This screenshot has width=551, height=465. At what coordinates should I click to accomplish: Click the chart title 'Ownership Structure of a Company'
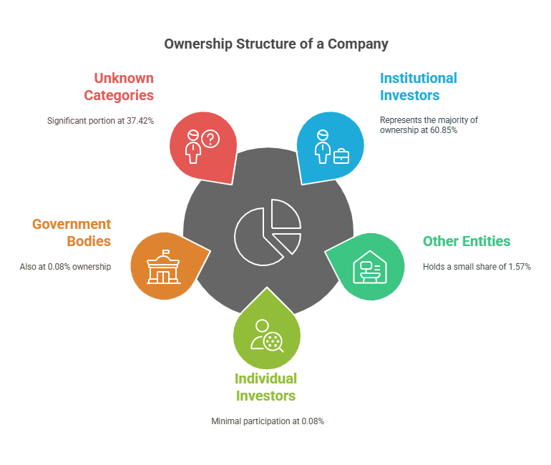(x=276, y=44)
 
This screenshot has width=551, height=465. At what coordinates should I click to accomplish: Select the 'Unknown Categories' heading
(x=119, y=87)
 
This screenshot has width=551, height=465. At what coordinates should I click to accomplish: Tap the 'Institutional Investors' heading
(x=419, y=87)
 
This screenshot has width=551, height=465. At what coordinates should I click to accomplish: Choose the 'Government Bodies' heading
(x=72, y=232)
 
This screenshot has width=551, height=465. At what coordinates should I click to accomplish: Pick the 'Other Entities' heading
(x=467, y=241)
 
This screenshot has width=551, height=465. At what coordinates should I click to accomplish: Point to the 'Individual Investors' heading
(x=265, y=387)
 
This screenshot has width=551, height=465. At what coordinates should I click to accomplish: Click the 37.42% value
(x=140, y=121)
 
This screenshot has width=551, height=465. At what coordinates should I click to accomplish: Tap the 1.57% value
(x=520, y=267)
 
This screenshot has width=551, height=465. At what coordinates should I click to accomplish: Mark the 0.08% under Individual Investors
(x=313, y=421)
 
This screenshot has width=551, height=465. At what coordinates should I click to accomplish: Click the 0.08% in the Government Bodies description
(x=59, y=267)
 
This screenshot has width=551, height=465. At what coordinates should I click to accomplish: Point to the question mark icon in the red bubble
(x=210, y=139)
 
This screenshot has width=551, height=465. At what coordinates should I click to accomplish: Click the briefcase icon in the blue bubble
(x=341, y=156)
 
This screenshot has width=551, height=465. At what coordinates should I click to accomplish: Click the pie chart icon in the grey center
(x=268, y=232)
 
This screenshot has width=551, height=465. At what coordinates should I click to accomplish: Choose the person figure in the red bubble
(x=193, y=147)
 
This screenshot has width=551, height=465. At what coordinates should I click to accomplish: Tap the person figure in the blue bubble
(x=323, y=147)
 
